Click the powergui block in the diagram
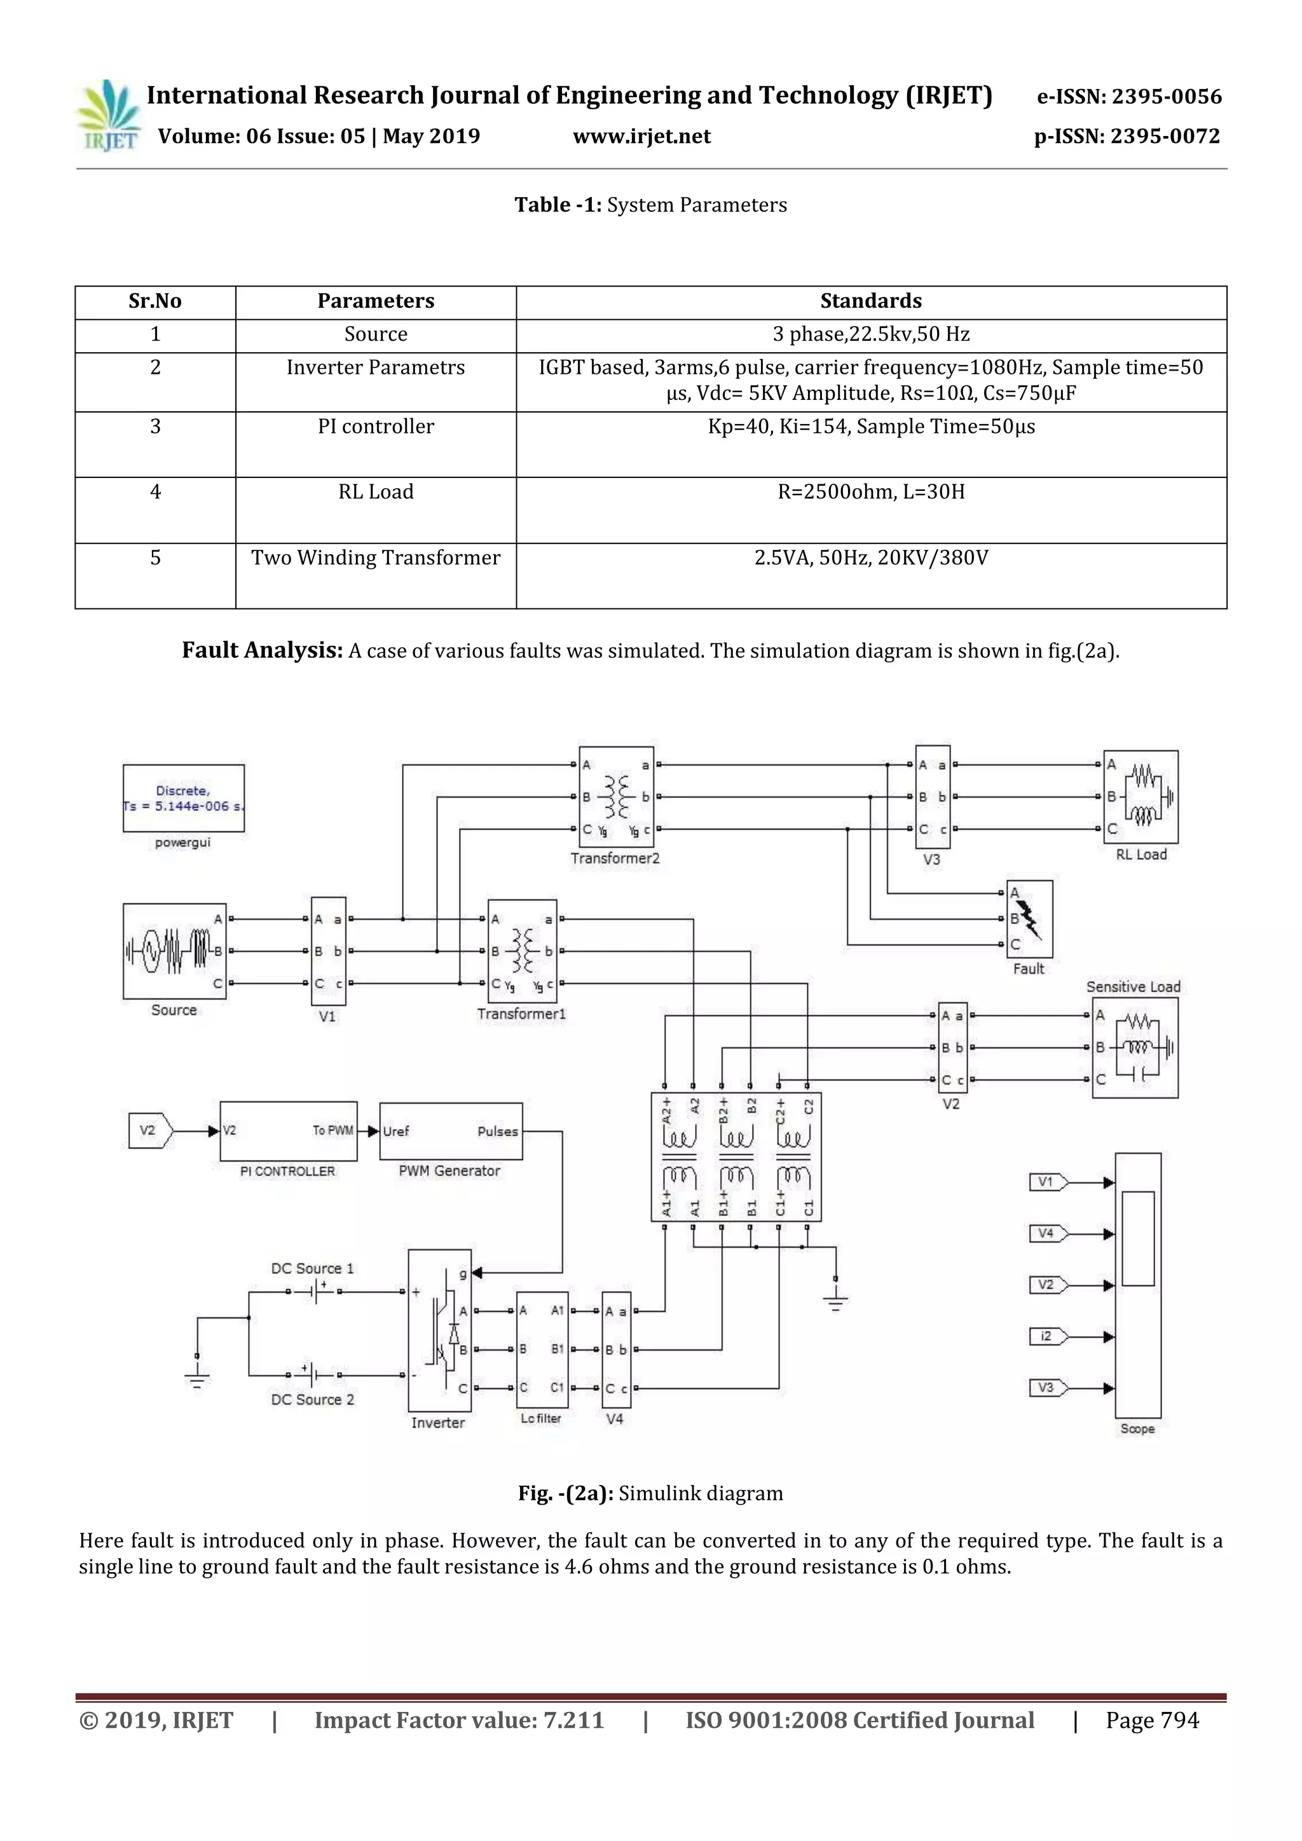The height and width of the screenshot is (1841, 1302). (x=184, y=798)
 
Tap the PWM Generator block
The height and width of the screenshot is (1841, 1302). (x=451, y=1132)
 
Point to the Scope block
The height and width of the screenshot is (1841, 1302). (x=1137, y=1285)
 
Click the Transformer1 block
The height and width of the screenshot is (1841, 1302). (x=522, y=951)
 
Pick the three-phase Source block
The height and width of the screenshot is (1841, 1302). (x=175, y=951)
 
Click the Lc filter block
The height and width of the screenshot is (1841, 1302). (x=542, y=1350)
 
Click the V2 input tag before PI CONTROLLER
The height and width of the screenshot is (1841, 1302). (x=150, y=1130)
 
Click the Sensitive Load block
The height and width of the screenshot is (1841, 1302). (x=1134, y=1047)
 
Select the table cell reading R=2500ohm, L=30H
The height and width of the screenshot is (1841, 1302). (x=871, y=492)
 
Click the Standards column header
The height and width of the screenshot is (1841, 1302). (x=871, y=301)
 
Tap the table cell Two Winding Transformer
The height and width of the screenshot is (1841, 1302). (x=375, y=558)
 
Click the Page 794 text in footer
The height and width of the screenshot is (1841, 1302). (x=1152, y=1721)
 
